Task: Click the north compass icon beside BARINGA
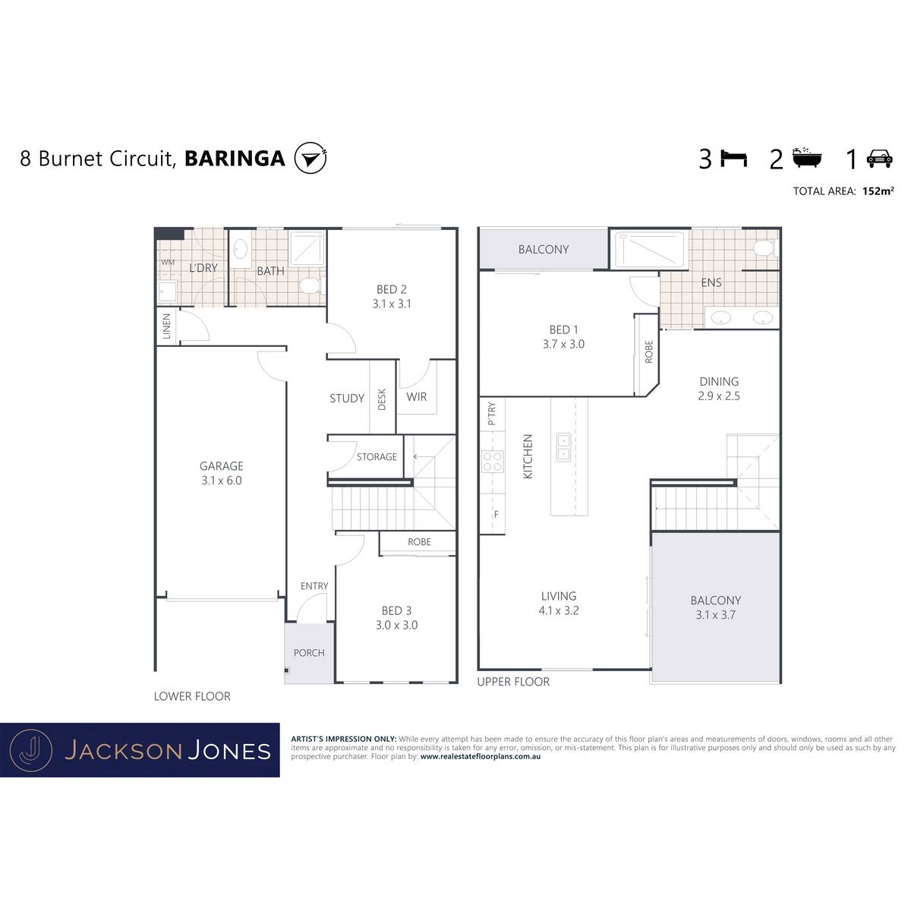[310, 158]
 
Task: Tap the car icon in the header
[879, 159]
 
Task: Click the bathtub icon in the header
[807, 158]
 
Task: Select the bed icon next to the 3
[733, 159]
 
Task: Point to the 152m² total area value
[878, 191]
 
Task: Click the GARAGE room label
[221, 466]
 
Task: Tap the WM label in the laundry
[168, 262]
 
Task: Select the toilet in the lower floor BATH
[310, 285]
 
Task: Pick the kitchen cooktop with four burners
[492, 462]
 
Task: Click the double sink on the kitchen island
[563, 446]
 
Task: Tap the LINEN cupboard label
[166, 326]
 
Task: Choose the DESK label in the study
[382, 399]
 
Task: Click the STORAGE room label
[377, 457]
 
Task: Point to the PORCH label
[309, 653]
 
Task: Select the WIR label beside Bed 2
[417, 397]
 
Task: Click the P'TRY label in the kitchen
[492, 414]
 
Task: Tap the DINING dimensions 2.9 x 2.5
[719, 396]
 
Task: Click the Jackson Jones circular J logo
[31, 750]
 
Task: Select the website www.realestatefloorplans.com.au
[481, 756]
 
